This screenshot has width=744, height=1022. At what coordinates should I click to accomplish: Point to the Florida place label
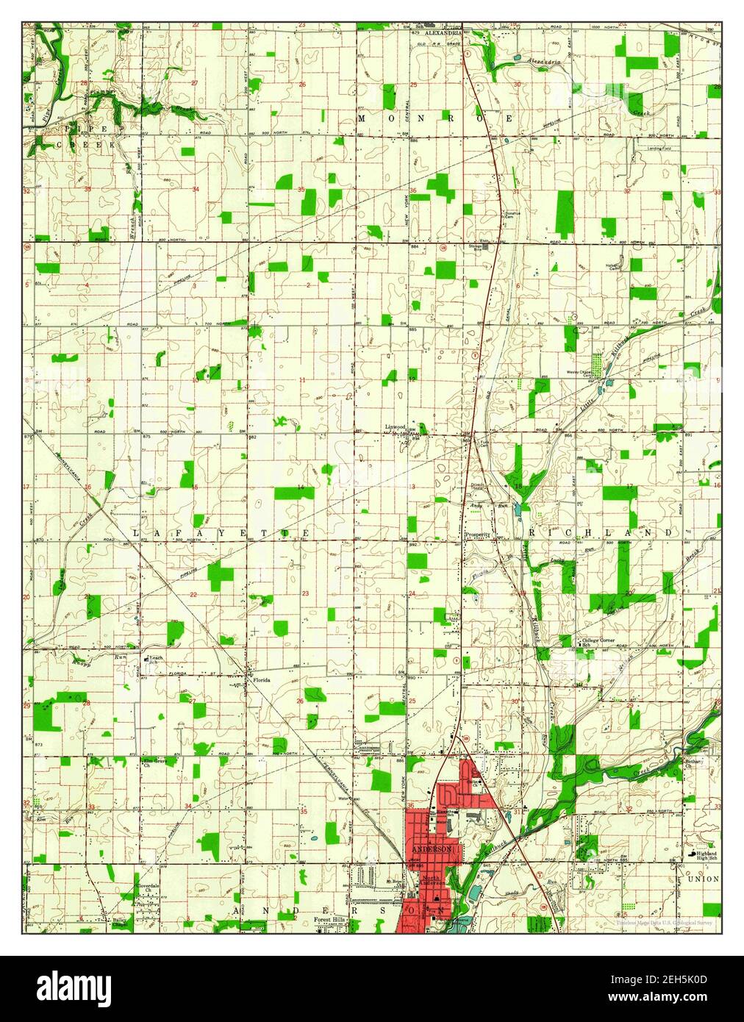click(262, 680)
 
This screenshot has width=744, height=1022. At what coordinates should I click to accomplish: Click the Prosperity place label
click(477, 535)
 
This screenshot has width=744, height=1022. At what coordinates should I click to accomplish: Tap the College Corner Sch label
click(597, 642)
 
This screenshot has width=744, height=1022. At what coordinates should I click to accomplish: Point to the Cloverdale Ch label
click(153, 888)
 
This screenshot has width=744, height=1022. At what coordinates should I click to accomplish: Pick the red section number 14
click(301, 488)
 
